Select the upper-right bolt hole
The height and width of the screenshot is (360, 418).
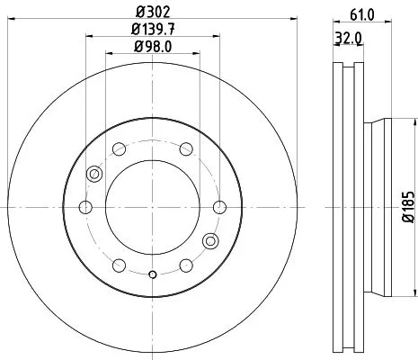[x=185, y=149]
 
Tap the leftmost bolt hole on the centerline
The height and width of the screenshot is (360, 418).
[x=86, y=208]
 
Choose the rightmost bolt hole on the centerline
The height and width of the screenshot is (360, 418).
[x=218, y=208]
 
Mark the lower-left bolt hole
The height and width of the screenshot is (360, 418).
[x=119, y=265]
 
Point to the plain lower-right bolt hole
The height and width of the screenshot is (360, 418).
[x=185, y=265]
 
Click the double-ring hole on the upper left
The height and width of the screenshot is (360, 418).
[x=93, y=175]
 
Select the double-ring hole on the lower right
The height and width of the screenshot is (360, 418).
[x=211, y=240]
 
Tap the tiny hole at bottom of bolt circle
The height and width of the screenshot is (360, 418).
[x=152, y=274]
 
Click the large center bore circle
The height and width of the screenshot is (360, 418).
[x=152, y=208]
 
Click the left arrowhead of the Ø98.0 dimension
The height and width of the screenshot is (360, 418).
[x=109, y=54]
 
